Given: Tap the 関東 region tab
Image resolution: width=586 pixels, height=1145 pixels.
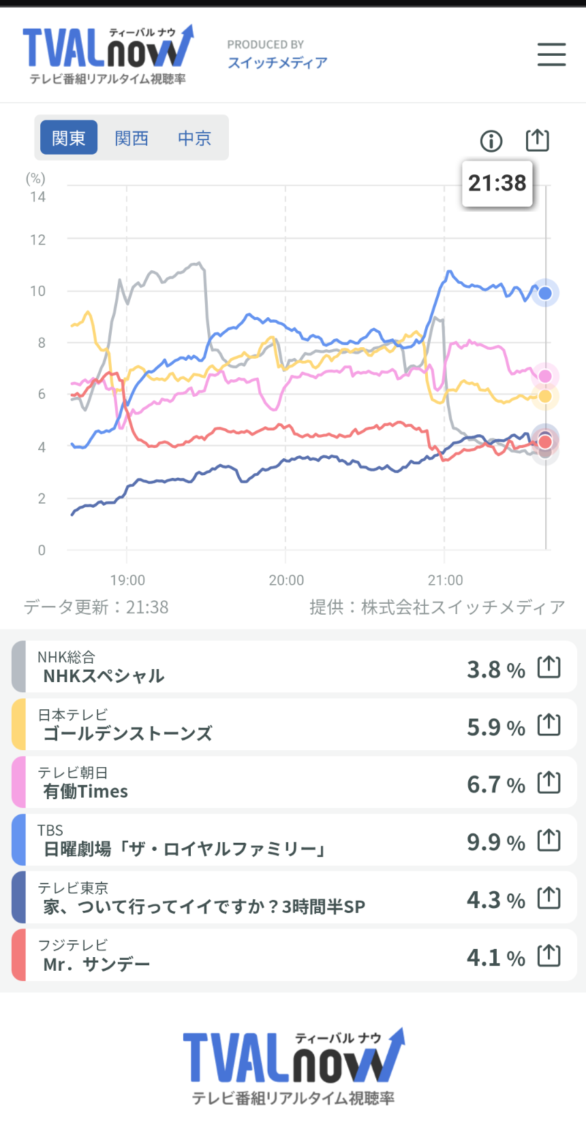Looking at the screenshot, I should click(x=69, y=138).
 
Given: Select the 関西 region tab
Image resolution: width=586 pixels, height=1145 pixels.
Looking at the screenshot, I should click(x=132, y=138).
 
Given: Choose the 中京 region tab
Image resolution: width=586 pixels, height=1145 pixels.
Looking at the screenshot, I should click(x=194, y=138).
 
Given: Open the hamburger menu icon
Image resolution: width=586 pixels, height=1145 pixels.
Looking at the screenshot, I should click(x=551, y=54).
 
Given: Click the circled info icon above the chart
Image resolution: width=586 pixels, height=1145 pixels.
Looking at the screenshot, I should click(x=491, y=141).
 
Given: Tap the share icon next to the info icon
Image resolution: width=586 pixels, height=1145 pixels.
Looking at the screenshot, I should click(x=538, y=140).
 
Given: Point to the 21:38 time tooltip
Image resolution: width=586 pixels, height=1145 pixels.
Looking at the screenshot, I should click(x=497, y=183).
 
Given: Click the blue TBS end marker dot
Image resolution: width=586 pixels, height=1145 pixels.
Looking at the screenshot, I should click(x=545, y=293).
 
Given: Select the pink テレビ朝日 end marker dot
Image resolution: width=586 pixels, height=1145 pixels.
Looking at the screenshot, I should click(x=545, y=376).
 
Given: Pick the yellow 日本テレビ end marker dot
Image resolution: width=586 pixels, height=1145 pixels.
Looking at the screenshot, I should click(x=545, y=396).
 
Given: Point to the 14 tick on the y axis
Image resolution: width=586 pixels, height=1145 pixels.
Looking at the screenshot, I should click(x=37, y=197).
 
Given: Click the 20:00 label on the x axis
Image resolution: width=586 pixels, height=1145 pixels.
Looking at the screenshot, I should click(x=286, y=580).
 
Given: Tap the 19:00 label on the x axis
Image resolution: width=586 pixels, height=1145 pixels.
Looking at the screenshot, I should click(x=127, y=580).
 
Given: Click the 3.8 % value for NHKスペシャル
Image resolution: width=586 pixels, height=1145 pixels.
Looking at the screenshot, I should click(x=496, y=670).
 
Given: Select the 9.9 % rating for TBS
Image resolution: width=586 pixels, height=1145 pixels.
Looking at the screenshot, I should click(x=496, y=843).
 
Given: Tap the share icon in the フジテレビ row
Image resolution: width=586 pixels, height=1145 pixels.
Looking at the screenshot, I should click(x=549, y=956).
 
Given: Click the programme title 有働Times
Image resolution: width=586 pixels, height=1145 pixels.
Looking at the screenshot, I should click(x=86, y=791).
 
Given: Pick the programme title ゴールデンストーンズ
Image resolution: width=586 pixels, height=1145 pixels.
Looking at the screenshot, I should click(x=128, y=733).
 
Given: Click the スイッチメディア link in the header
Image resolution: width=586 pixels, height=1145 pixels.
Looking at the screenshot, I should click(x=277, y=63).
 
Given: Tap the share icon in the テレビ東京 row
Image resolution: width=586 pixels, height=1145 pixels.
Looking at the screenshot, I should click(x=549, y=899).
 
